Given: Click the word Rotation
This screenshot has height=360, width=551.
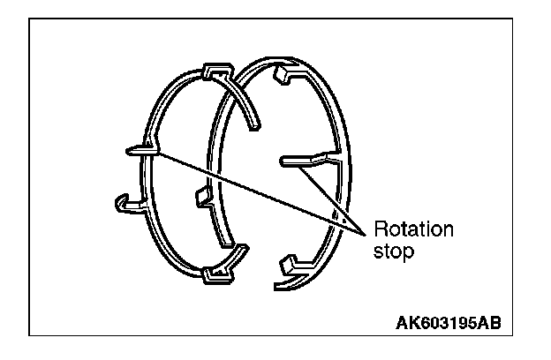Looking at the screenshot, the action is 413,230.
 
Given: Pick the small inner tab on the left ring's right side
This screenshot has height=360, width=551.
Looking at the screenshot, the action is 201,196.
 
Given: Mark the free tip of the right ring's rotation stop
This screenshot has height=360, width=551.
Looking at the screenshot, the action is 283,160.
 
